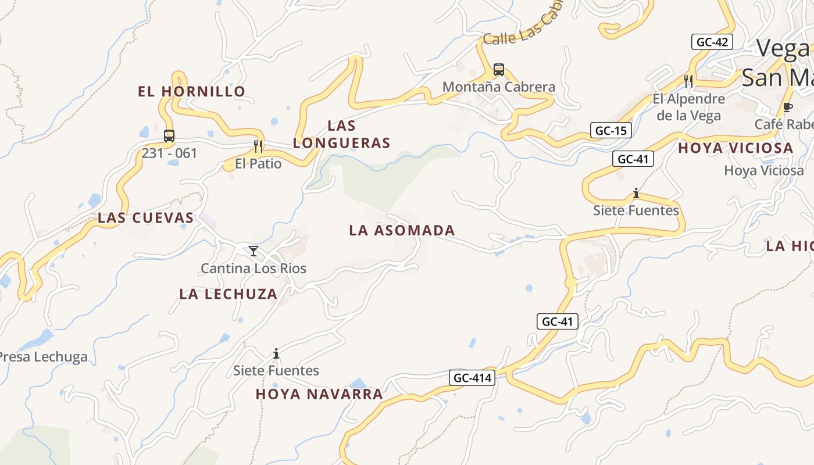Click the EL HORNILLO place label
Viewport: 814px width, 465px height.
pos(191,91)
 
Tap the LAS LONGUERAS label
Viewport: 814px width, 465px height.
pos(341,134)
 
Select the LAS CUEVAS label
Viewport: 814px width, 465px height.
pos(145,218)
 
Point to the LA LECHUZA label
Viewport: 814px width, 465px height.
pos(228,294)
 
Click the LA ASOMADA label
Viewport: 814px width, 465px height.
pos(402,231)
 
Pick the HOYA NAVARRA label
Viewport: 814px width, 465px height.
pos(319,394)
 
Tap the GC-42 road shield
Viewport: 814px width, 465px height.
pos(712,42)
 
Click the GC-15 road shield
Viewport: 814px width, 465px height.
pos(611,130)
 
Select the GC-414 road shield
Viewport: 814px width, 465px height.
pos(472,378)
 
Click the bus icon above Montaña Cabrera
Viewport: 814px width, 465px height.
pos(499,70)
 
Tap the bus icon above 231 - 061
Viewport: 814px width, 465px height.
pos(169,136)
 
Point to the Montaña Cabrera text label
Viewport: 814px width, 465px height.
pos(499,87)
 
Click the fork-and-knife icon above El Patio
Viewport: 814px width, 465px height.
pos(259,146)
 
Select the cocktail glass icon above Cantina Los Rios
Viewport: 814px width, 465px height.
pos(254,251)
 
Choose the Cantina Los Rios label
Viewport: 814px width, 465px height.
pos(254,269)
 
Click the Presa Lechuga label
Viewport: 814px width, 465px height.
pos(44,357)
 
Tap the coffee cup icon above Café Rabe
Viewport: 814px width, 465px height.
pos(788,107)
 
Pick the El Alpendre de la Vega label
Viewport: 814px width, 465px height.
pos(689,107)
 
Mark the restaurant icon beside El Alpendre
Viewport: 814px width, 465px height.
pos(688,80)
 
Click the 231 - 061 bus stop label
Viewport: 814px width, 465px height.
pos(169,153)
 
